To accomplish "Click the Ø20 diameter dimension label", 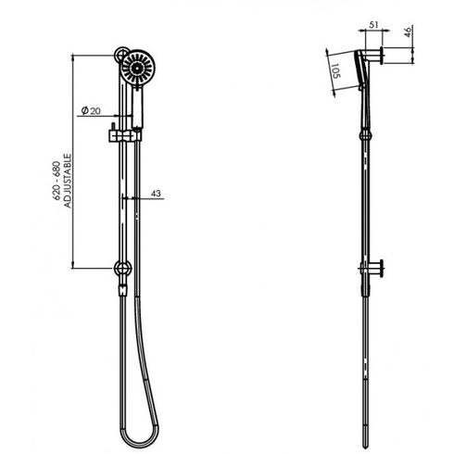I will (90, 111).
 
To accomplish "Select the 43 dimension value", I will (155, 193).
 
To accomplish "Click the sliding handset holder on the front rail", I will (117, 136).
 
